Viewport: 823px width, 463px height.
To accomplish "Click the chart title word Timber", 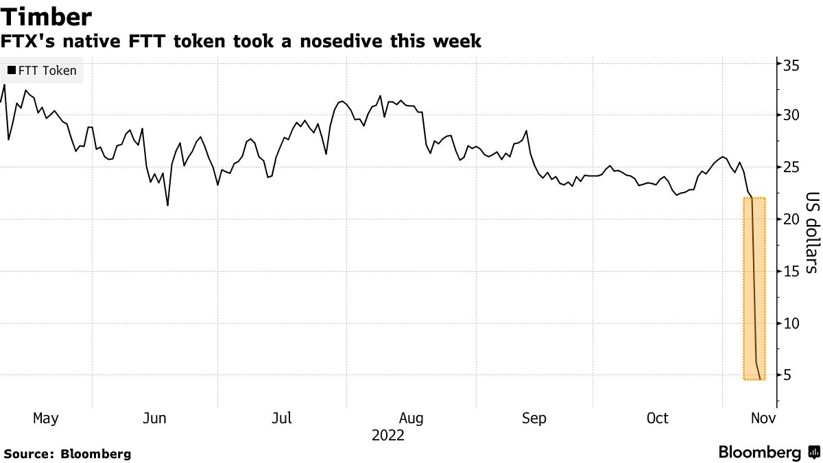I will click(x=47, y=16).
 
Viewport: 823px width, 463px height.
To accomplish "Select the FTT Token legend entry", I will click(x=42, y=71).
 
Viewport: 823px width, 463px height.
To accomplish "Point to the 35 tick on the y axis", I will click(x=791, y=65).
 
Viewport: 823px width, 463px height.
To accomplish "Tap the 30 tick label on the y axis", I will click(x=791, y=115).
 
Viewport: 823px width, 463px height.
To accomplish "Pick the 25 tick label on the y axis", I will click(x=791, y=167).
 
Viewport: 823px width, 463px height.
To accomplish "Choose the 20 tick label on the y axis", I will click(x=791, y=219).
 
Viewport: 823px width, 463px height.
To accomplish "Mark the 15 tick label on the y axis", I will click(x=791, y=271).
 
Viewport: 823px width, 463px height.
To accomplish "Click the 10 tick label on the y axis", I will click(x=791, y=323).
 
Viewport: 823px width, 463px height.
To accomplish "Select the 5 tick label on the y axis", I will click(x=788, y=375).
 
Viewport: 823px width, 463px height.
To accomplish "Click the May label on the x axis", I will click(x=46, y=418).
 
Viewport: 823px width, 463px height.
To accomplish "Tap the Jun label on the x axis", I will click(x=155, y=418).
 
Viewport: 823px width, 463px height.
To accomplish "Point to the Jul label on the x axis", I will click(x=283, y=418).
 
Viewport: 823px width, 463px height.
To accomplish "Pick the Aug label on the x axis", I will click(x=411, y=418).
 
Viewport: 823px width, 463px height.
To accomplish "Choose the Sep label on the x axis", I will click(x=534, y=418).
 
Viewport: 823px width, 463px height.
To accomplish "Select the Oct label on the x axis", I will click(x=658, y=418).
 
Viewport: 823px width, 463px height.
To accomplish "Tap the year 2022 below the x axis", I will click(x=388, y=436).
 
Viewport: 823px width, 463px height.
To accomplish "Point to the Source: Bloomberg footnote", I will click(x=67, y=453).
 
